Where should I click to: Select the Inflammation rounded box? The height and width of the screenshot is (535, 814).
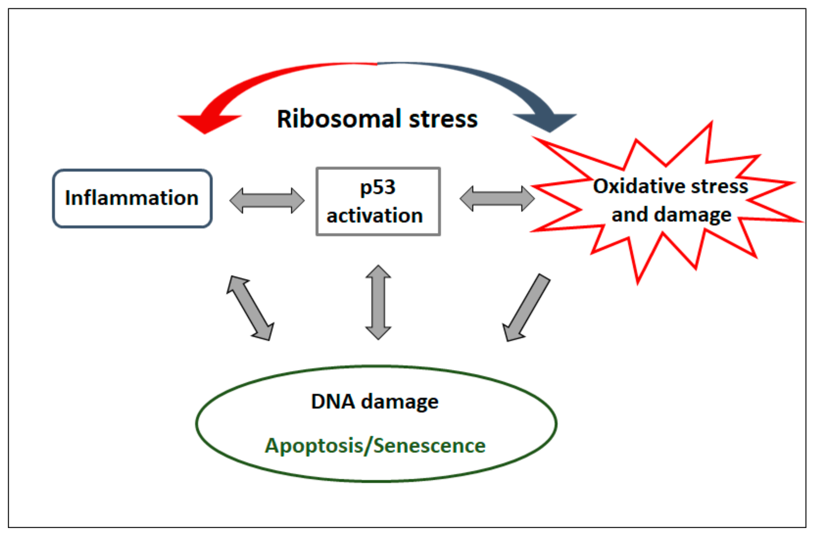click(x=132, y=198)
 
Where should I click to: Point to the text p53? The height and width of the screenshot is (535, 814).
click(x=378, y=188)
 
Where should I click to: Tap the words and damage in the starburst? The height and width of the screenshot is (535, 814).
click(x=671, y=215)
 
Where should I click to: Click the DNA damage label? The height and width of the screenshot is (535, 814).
click(x=375, y=401)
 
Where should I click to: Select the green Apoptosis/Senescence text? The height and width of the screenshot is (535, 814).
click(x=375, y=446)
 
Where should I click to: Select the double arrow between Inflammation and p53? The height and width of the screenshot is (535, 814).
click(x=267, y=200)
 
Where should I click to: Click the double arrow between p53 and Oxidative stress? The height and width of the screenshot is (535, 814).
click(x=497, y=198)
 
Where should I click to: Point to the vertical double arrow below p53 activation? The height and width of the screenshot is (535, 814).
click(x=378, y=302)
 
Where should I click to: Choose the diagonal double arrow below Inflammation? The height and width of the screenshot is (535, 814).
click(x=250, y=308)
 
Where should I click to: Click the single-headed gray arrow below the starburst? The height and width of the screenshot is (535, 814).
click(x=526, y=307)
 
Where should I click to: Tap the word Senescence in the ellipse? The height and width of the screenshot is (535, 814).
click(x=430, y=446)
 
